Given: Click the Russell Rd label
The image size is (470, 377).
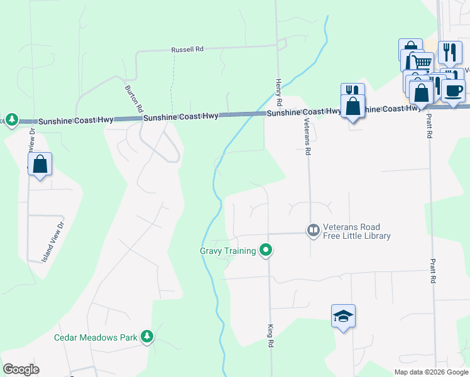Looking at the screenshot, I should pyautogui.click(x=188, y=49).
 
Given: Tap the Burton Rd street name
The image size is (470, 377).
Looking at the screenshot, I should pyautogui.click(x=134, y=99).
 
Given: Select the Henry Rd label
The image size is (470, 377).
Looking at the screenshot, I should pyautogui.click(x=279, y=92).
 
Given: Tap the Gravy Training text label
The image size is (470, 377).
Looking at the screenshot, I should pyautogui.click(x=227, y=251).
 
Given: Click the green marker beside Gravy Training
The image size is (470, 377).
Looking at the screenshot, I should pyautogui.click(x=266, y=251).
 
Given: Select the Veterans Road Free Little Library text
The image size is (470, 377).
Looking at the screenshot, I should pyautogui.click(x=357, y=232).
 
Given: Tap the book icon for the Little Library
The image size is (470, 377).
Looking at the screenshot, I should pyautogui.click(x=312, y=231).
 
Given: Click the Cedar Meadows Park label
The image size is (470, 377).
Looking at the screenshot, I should pyautogui.click(x=96, y=337).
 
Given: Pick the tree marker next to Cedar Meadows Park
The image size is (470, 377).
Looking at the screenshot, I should pyautogui.click(x=147, y=337).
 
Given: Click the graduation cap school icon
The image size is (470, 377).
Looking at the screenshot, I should pyautogui.click(x=344, y=315).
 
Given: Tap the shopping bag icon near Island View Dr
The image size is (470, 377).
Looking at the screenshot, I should pyautogui.click(x=40, y=165).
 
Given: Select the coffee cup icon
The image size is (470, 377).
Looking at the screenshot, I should pyautogui.click(x=453, y=90).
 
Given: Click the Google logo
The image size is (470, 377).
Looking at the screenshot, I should pyautogui.click(x=21, y=369).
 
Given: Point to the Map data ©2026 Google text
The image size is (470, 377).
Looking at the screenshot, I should pyautogui.click(x=430, y=372).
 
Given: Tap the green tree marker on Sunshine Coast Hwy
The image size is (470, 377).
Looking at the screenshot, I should pyautogui.click(x=11, y=120).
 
